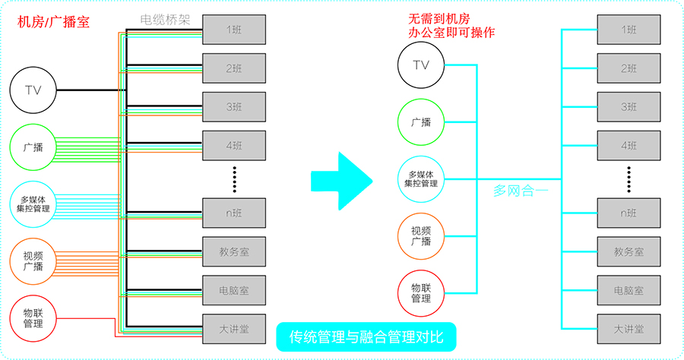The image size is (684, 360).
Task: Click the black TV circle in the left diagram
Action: pyautogui.click(x=33, y=91)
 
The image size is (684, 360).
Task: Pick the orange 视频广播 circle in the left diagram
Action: pyautogui.click(x=33, y=261)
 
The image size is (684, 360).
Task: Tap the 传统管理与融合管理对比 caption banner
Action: pyautogui.click(x=367, y=336)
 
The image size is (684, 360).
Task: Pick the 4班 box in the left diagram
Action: pyautogui.click(x=233, y=146)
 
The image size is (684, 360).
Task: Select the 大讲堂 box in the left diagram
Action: pyautogui.click(x=233, y=328)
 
